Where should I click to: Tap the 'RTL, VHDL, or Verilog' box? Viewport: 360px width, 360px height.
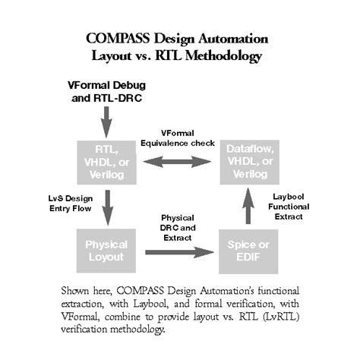(106, 161)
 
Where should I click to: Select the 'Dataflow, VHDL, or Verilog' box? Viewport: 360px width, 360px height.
(251, 161)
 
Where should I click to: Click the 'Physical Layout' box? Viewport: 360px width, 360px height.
(106, 251)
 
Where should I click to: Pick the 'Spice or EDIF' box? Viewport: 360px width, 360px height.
(251, 251)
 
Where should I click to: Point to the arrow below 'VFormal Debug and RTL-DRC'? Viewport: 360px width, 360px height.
(106, 118)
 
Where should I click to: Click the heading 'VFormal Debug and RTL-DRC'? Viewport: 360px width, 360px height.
(105, 90)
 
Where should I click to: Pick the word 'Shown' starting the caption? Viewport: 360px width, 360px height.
(74, 289)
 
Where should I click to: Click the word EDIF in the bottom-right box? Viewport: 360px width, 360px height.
(251, 258)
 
